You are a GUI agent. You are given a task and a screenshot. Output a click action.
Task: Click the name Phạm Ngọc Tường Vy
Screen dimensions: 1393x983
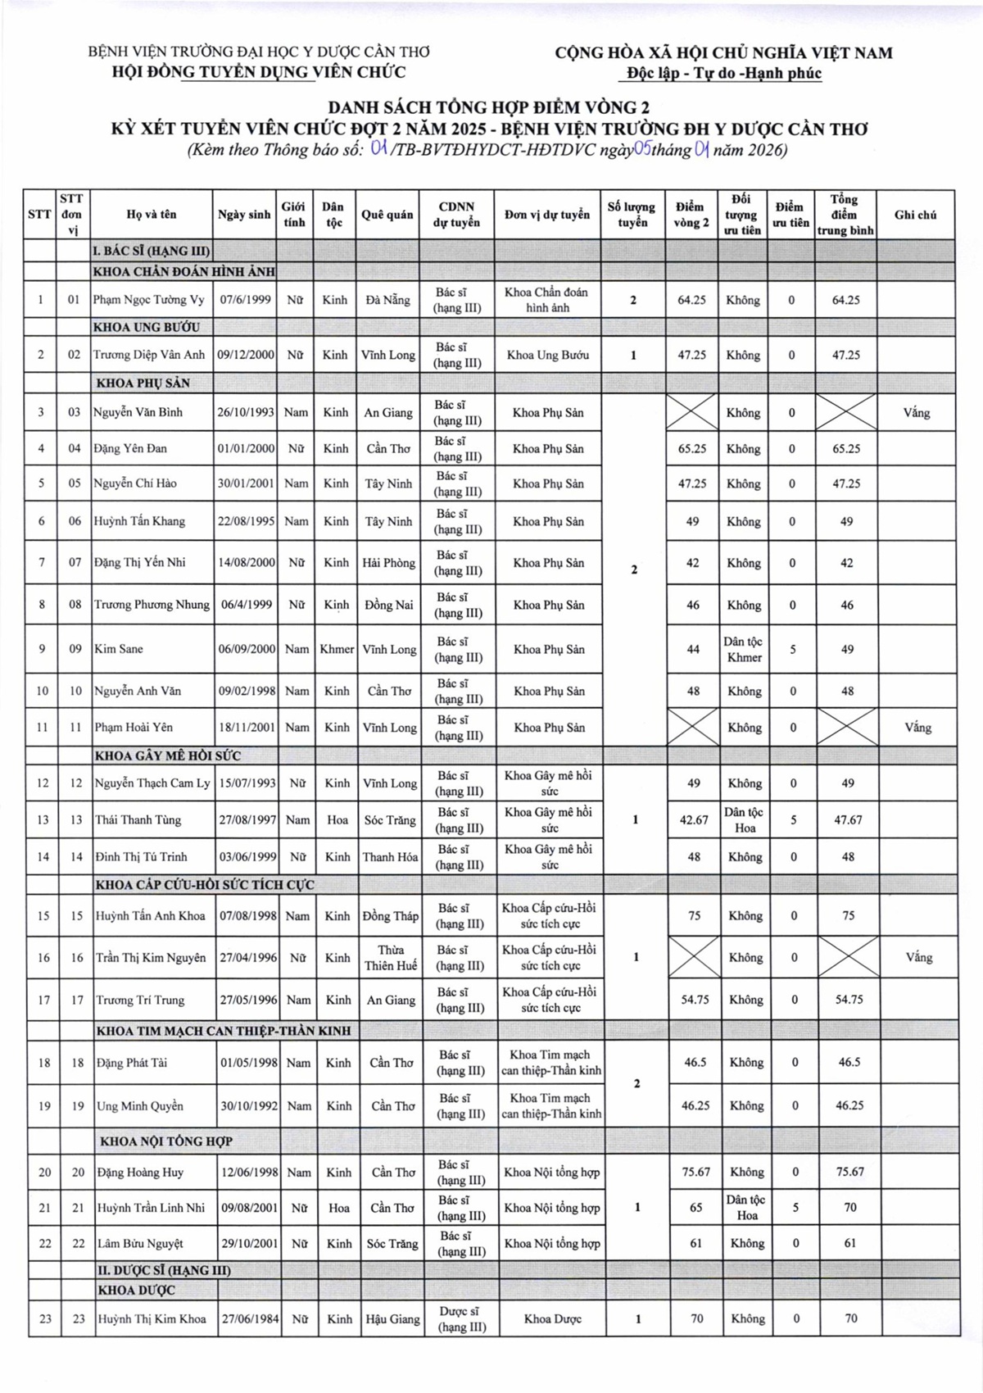(148, 300)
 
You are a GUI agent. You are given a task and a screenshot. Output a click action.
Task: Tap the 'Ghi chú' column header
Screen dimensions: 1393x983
(915, 215)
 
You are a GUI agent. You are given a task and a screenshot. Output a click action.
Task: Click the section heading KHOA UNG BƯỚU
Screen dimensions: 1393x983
(147, 327)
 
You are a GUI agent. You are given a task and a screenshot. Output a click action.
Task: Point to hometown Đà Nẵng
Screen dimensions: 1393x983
(387, 300)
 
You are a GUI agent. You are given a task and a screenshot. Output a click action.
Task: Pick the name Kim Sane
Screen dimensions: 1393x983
(119, 649)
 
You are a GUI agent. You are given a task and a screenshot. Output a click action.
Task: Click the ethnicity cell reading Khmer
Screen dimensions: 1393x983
(337, 649)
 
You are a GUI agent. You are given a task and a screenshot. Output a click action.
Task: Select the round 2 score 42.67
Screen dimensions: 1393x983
(694, 819)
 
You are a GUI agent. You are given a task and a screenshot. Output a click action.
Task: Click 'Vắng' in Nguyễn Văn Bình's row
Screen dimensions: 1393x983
(916, 412)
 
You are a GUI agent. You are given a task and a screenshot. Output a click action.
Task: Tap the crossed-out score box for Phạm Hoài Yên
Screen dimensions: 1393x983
(693, 728)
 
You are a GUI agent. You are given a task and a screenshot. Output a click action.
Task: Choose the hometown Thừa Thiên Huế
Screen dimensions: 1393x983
(391, 957)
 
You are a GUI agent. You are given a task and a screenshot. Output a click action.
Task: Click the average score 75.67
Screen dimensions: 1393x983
(849, 1172)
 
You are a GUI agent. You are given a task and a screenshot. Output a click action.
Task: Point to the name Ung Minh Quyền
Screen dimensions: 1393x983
(140, 1105)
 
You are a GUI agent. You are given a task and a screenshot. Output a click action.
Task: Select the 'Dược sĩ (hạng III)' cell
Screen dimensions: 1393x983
(462, 1318)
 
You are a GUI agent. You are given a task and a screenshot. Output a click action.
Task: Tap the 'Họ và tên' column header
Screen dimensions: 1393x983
(152, 215)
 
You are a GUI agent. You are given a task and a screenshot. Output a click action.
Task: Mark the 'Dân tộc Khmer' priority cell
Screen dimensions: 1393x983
(743, 649)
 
